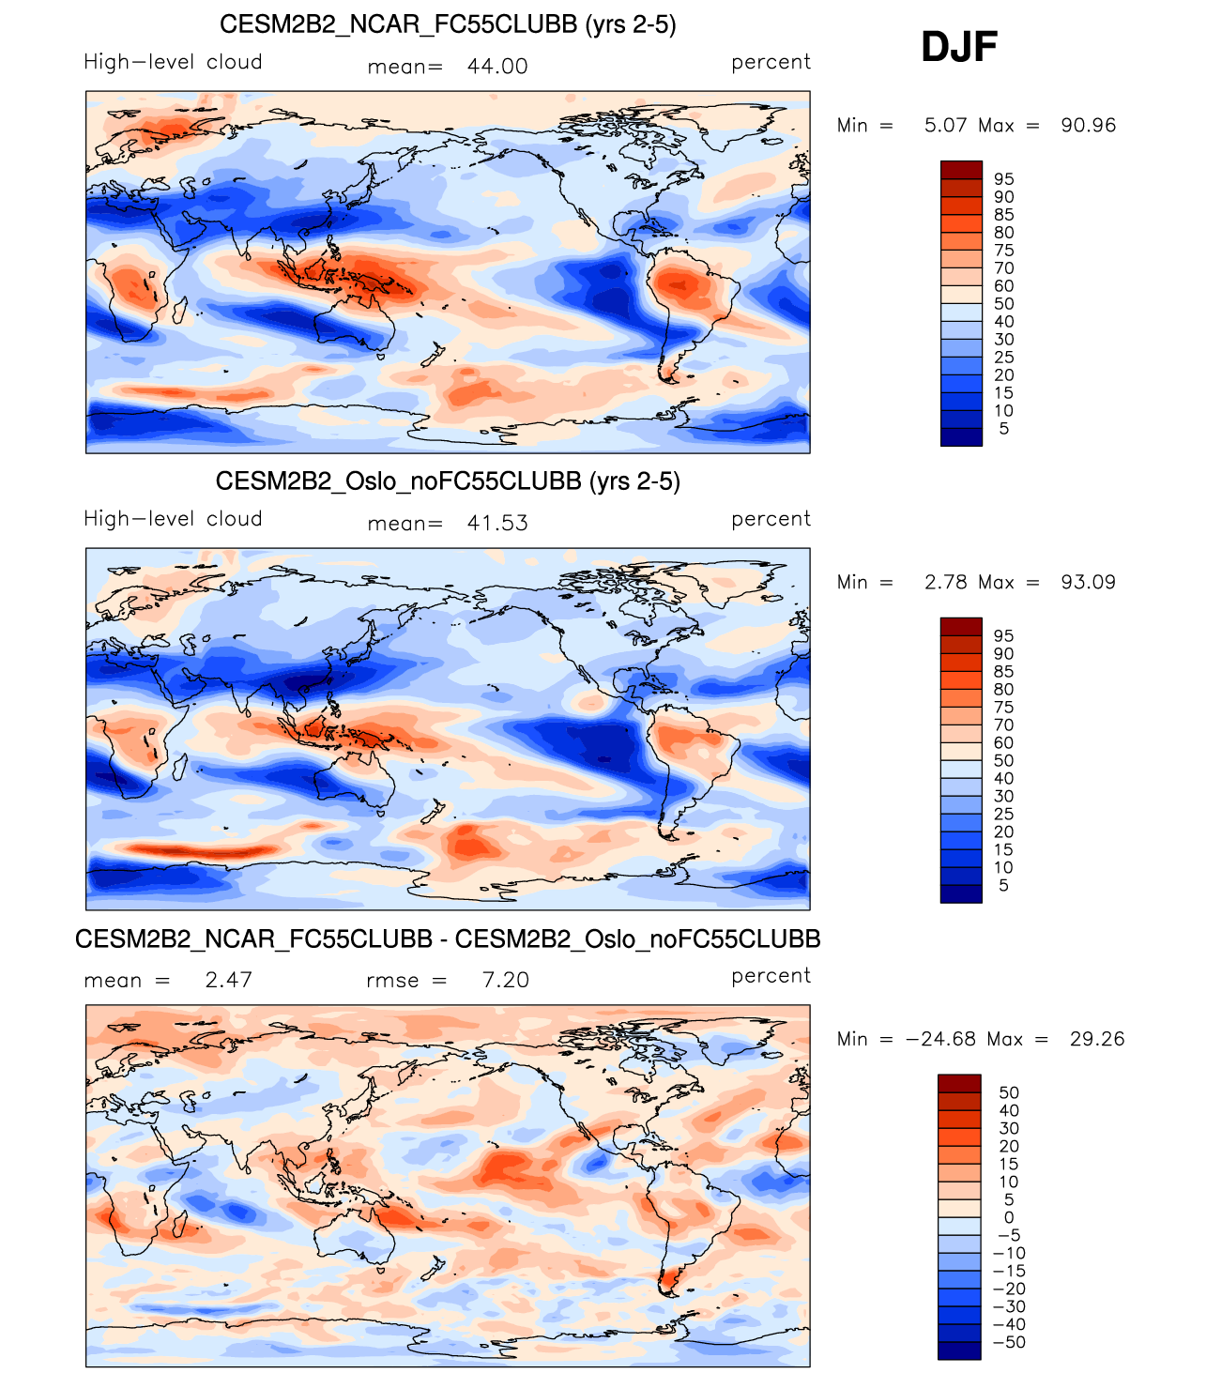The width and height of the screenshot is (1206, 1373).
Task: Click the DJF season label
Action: click(958, 47)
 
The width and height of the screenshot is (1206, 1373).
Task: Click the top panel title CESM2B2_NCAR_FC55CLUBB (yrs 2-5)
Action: click(448, 24)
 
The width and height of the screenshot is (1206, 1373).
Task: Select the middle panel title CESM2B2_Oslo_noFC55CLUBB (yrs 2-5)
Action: click(448, 481)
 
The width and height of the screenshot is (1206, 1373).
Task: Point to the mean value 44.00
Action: click(497, 67)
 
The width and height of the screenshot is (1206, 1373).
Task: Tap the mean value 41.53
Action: click(497, 524)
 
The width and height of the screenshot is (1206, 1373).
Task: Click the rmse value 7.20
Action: click(506, 981)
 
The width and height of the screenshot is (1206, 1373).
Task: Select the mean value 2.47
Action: click(229, 981)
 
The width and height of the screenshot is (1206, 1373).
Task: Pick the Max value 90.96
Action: click(1089, 126)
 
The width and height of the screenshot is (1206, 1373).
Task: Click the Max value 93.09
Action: click(1089, 583)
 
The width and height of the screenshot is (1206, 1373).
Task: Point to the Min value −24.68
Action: click(938, 1040)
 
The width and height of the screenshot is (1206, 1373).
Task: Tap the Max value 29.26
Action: click(1097, 1040)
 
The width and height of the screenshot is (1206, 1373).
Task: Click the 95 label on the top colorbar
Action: click(1004, 179)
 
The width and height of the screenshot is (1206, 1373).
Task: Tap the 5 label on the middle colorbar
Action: click(1004, 886)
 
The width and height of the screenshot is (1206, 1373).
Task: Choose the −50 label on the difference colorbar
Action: click(1009, 1343)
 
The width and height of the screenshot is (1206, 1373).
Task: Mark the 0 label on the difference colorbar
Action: click(1009, 1218)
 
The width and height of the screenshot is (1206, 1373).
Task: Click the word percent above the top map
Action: click(771, 62)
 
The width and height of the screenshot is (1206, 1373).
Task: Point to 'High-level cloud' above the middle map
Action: click(173, 519)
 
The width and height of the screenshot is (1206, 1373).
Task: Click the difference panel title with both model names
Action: click(448, 939)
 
